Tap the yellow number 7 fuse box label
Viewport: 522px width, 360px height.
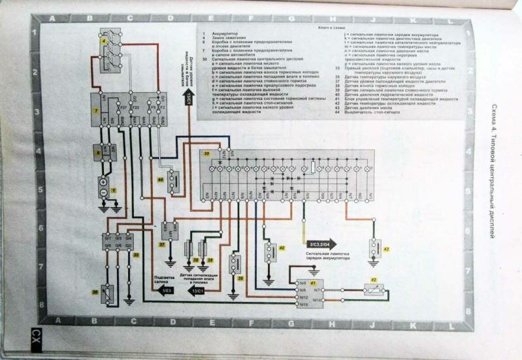pos(96,112)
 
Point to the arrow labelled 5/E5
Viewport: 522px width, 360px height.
pos(165,289)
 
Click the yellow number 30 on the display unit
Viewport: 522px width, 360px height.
pos(206,154)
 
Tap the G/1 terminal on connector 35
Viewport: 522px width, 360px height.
pos(107,238)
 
